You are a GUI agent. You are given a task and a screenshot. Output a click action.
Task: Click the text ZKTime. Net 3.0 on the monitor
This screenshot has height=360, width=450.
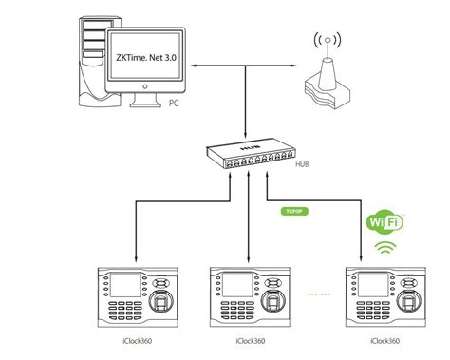point(148,59)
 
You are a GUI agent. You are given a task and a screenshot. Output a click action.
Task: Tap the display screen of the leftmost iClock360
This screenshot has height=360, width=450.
point(124,284)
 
